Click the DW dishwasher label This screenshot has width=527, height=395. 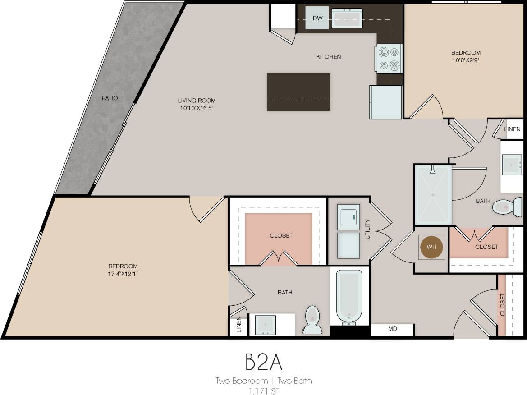point(317,18)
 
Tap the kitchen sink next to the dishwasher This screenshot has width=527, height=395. point(347,18)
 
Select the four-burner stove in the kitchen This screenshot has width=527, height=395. point(389,59)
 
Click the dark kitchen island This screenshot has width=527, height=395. point(298,92)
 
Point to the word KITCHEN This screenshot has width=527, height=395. point(329,57)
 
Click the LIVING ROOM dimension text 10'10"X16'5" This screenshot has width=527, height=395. point(197,108)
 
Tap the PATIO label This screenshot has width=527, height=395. point(110,98)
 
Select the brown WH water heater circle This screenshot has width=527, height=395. point(431,247)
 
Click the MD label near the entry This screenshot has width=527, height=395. point(392,329)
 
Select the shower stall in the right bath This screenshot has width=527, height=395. point(433,195)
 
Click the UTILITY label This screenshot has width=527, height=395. point(367,229)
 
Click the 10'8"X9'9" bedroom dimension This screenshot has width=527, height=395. point(466,60)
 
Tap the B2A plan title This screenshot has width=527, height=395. point(263,362)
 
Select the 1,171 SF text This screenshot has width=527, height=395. point(263,390)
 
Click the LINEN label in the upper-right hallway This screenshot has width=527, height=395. point(512,129)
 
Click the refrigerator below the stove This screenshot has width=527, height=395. point(385,102)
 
